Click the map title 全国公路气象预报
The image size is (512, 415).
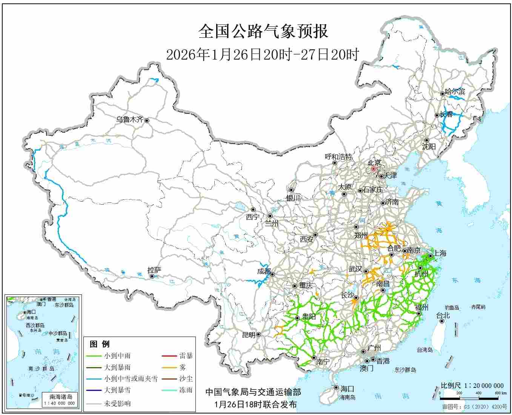click(263, 32)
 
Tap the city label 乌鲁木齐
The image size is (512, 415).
click(129, 120)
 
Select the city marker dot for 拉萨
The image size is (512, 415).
click(152, 276)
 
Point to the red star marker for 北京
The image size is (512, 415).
click(374, 169)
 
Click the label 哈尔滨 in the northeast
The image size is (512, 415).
click(455, 92)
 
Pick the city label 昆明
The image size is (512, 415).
click(248, 335)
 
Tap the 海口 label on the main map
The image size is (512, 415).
click(347, 389)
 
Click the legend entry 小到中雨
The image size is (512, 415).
click(117, 355)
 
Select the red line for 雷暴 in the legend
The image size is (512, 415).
click(169, 355)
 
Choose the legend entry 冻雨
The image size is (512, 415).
click(186, 390)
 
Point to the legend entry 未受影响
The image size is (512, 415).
click(117, 403)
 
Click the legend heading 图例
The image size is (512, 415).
click(100, 344)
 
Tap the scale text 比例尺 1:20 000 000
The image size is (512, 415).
click(472, 386)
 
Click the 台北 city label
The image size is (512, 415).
click(443, 315)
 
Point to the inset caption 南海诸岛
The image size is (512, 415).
click(61, 397)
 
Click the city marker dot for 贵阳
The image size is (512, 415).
click(297, 318)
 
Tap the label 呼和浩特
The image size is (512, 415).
click(338, 157)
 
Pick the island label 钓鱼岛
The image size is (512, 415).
click(451, 308)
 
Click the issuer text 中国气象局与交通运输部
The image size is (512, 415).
click(253, 392)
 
